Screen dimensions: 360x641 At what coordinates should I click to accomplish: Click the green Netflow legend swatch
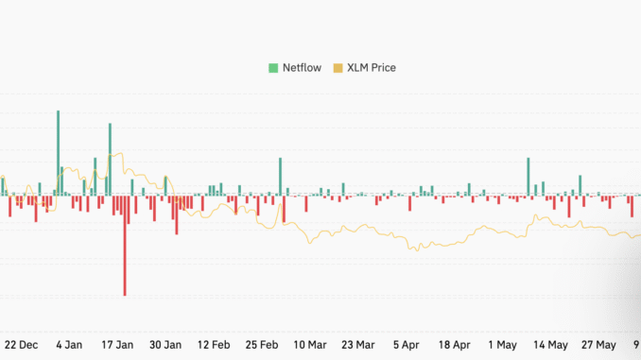point(273,67)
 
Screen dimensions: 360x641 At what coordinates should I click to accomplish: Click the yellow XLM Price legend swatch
point(339,67)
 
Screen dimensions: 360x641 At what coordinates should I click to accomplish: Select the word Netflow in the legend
point(302,67)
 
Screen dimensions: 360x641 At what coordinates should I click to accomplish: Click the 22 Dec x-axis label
point(22,345)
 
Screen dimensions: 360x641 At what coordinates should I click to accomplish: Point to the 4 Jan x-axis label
point(69,345)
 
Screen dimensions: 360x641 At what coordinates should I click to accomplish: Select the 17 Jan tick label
point(116,345)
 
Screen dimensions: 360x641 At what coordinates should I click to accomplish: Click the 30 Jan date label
point(166,345)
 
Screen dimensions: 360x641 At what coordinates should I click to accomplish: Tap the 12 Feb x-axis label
point(215,345)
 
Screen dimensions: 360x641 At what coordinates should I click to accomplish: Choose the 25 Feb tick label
point(263,345)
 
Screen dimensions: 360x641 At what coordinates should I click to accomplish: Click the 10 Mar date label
point(310,345)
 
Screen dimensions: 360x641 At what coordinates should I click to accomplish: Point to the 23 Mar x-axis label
point(359,345)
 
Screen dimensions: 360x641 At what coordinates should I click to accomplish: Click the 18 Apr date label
point(456,345)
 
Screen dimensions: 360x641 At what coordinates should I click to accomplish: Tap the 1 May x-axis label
point(502,345)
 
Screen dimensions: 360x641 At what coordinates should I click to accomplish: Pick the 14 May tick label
point(550,345)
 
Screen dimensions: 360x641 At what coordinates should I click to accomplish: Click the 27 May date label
point(599,345)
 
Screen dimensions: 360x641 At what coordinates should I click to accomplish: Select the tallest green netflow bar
point(58,151)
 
